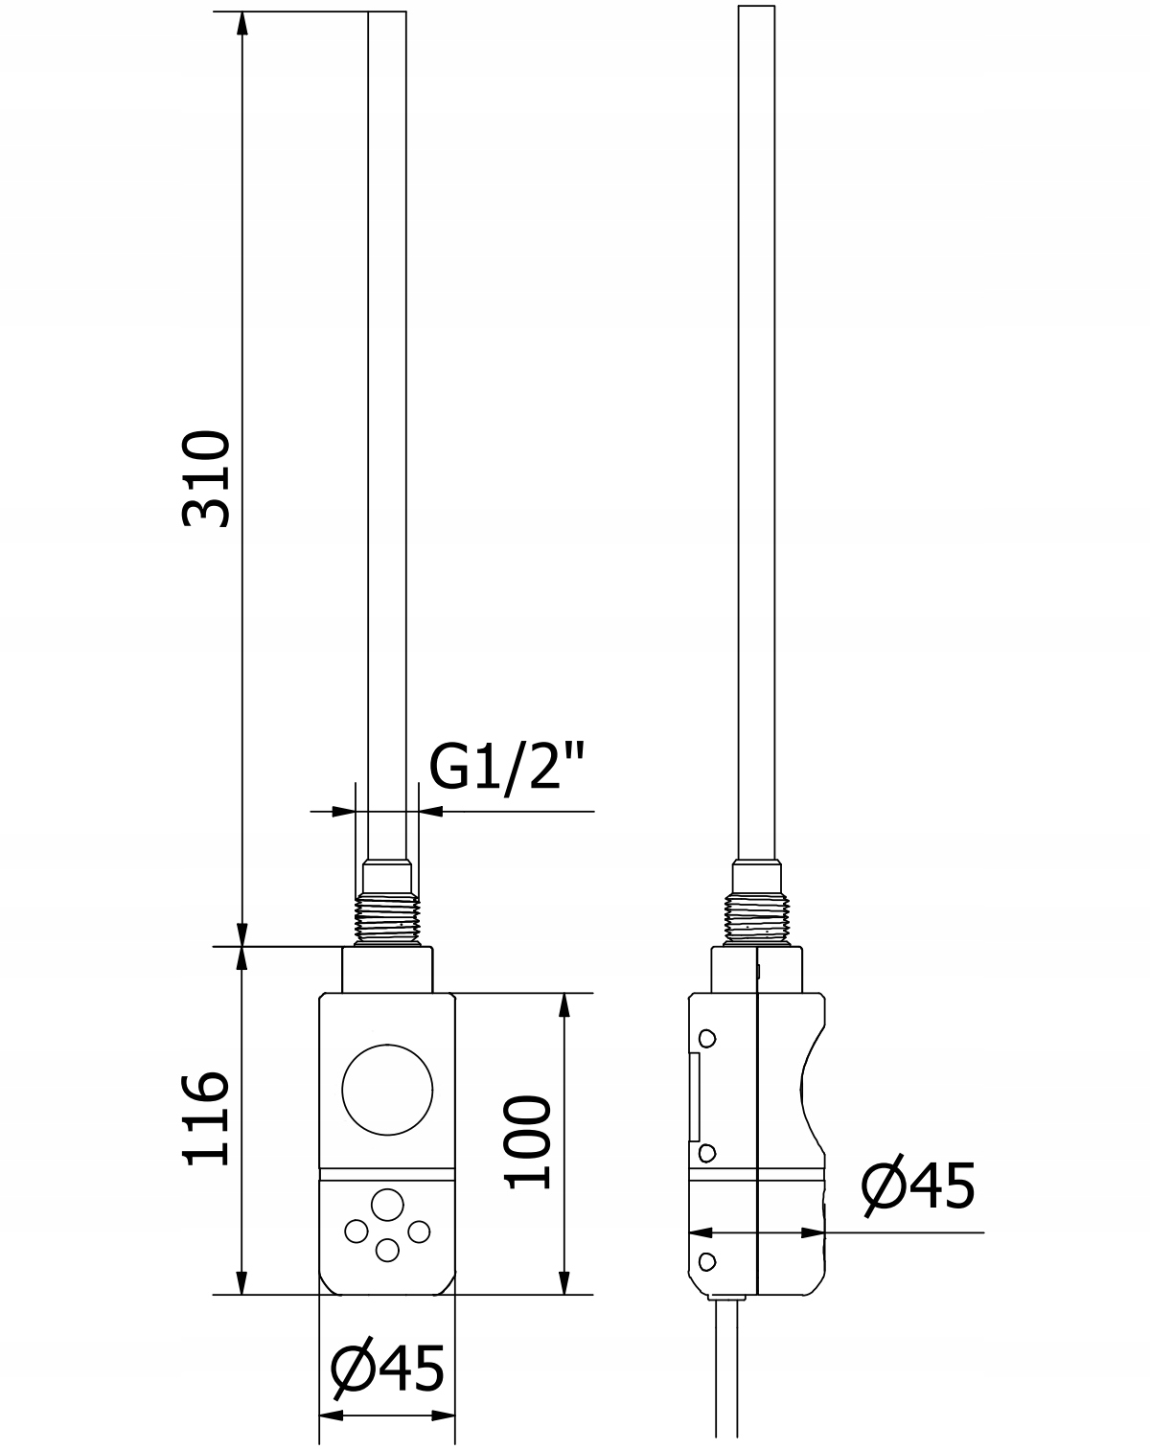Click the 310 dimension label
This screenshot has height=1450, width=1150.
coord(206,478)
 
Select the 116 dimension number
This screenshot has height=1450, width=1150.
coord(206,1118)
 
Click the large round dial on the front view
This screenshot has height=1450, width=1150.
coord(387,1091)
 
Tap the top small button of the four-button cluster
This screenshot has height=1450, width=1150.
coord(387,1205)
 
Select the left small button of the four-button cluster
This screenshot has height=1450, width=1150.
coord(356,1232)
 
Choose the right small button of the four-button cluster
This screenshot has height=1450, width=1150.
coord(419,1232)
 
